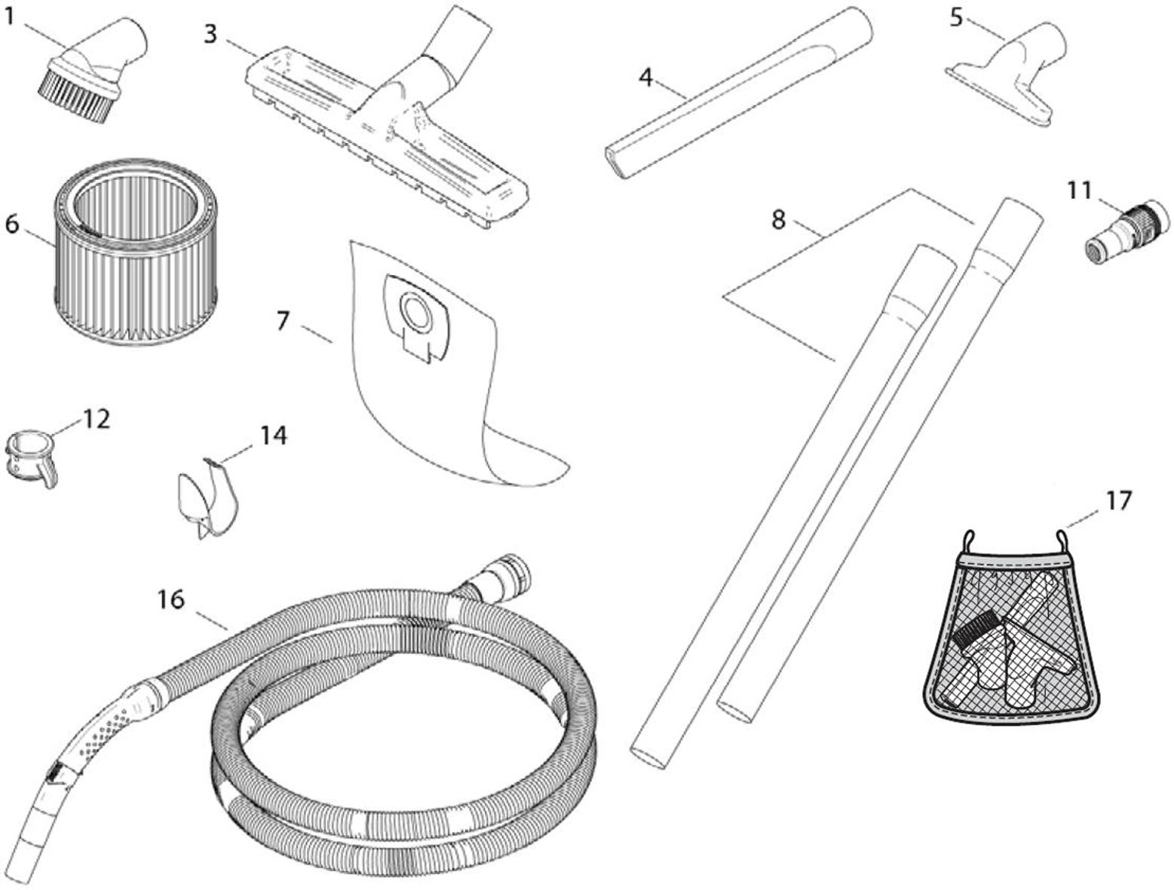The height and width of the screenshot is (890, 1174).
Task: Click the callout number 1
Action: (10, 16)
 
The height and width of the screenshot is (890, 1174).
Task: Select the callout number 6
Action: (12, 225)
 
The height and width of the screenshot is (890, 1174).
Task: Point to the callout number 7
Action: (283, 321)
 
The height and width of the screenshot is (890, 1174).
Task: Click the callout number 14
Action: (274, 435)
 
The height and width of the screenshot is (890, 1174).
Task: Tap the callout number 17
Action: (1118, 500)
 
